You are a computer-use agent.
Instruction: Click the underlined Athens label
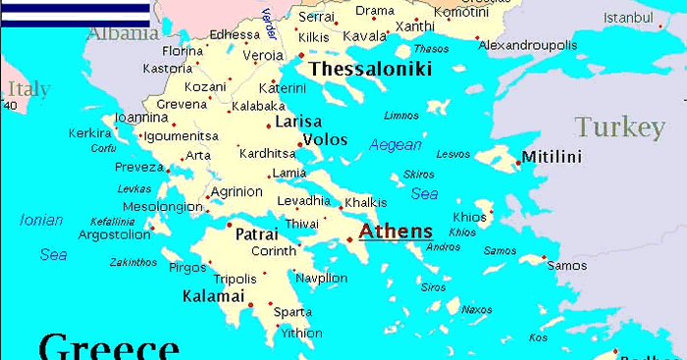click(396, 232)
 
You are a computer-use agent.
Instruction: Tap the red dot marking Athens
click(349, 238)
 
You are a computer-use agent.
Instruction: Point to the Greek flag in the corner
click(76, 13)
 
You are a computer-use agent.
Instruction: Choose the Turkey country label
click(619, 128)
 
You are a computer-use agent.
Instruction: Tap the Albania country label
click(123, 34)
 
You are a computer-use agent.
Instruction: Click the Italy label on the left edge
click(28, 89)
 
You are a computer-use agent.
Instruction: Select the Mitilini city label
click(552, 157)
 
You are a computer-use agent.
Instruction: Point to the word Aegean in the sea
click(396, 145)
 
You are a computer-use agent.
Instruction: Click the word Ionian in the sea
click(41, 221)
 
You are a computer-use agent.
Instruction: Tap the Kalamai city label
click(213, 295)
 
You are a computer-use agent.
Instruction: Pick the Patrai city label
click(256, 235)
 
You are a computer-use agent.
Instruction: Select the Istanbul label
click(628, 18)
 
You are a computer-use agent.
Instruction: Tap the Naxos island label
click(476, 310)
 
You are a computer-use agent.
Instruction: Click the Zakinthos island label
click(133, 262)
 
